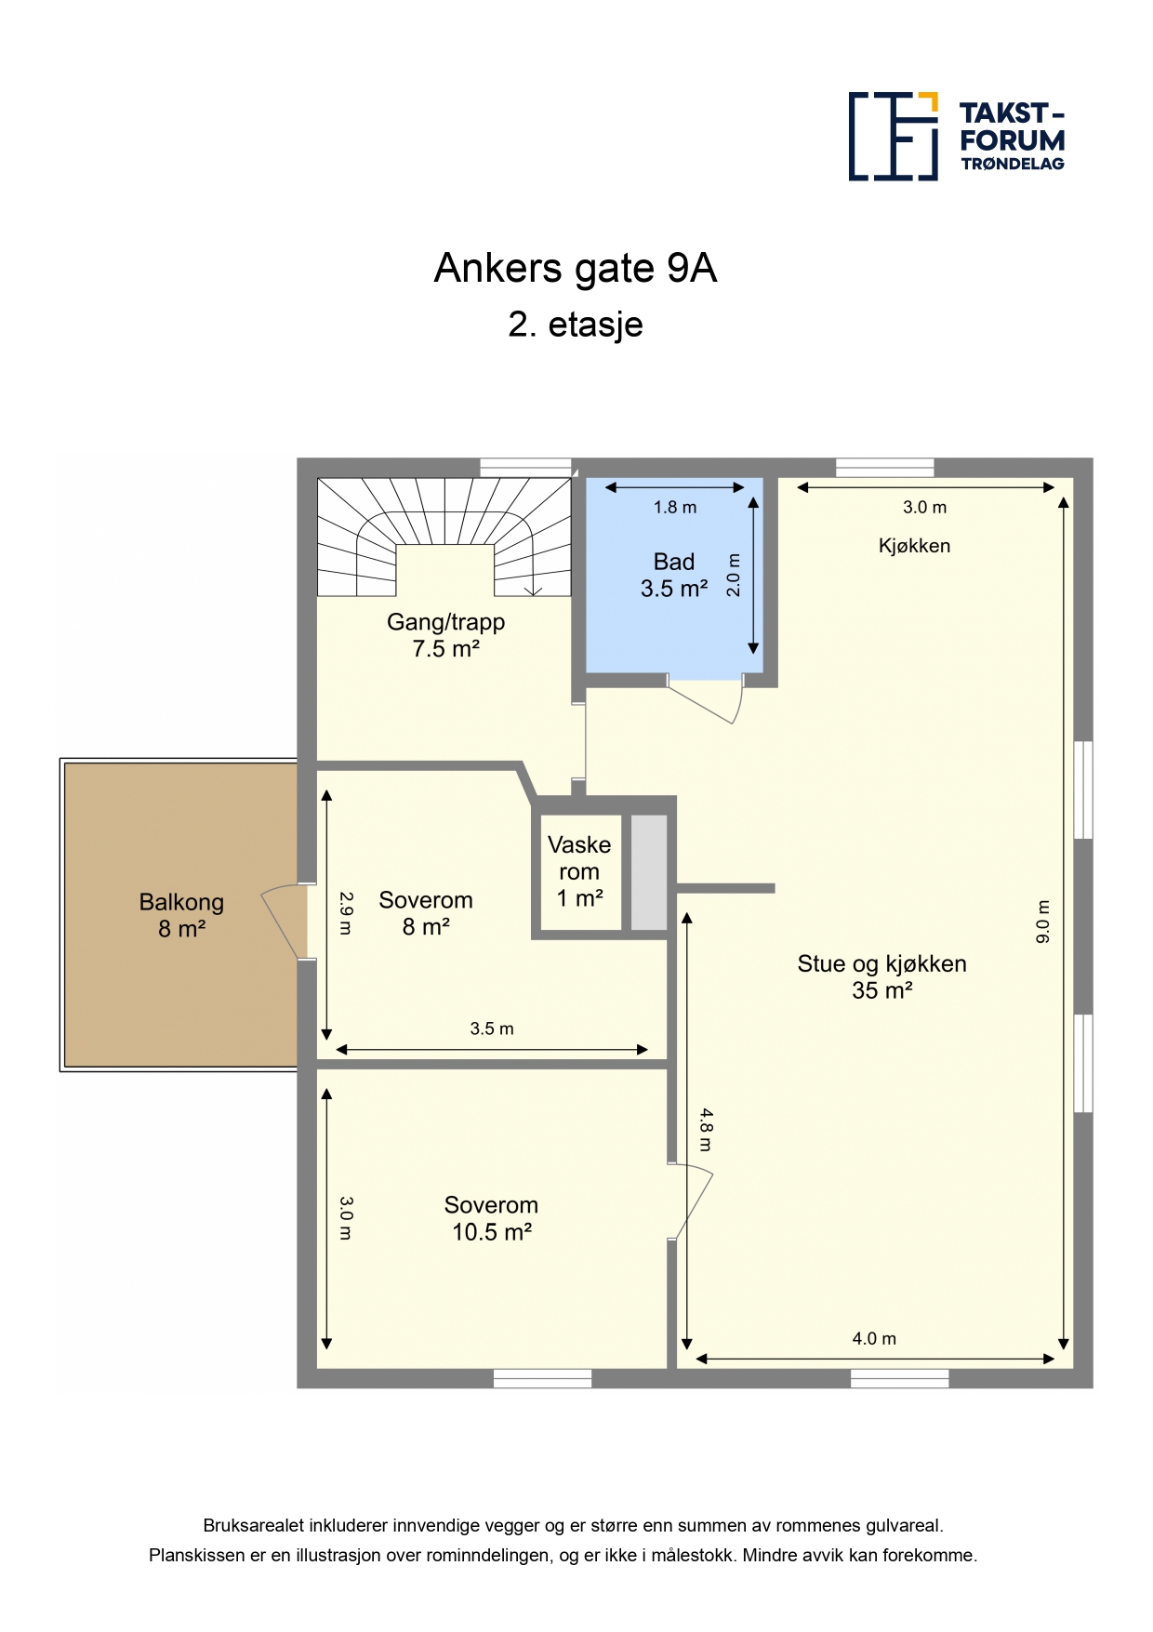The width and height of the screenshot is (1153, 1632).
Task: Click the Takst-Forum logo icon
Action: coord(893,136)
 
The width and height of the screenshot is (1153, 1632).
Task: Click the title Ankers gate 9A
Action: coord(576,269)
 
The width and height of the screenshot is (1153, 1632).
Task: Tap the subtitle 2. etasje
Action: coord(576,325)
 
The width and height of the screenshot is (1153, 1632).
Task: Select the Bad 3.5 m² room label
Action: coord(674,575)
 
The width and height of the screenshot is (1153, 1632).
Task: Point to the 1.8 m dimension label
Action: coord(675,507)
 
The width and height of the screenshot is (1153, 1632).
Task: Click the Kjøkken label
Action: coord(914,546)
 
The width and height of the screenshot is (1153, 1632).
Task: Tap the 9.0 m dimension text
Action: coord(1043,922)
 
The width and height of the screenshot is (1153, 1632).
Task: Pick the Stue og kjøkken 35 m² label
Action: coord(881,976)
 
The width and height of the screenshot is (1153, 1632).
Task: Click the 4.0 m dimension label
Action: coord(874,1338)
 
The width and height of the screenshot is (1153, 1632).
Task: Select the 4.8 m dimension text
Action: coord(706,1130)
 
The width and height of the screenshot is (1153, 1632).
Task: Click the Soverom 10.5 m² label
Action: coord(491,1218)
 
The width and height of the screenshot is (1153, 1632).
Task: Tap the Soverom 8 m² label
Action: coord(426,913)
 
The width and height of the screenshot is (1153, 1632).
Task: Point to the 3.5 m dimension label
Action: coord(492,1028)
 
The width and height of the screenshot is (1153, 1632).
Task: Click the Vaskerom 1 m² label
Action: coord(579,871)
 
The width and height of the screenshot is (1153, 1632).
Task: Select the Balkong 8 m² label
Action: coord(181,915)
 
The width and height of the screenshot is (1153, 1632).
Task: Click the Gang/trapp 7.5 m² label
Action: coord(446,635)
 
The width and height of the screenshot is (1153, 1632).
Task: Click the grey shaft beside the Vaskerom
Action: coord(649,872)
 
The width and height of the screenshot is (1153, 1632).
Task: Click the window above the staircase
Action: coord(525,467)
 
